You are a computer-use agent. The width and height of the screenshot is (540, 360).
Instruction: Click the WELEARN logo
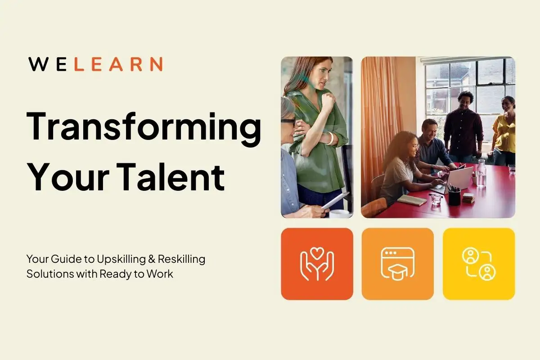pos(95,64)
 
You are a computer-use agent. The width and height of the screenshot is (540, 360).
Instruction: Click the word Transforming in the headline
pos(144,127)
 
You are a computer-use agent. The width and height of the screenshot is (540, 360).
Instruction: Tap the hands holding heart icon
pos(317,264)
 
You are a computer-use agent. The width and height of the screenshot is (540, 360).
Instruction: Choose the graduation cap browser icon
pos(397,264)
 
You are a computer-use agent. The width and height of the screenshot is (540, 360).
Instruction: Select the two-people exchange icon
pos(478,264)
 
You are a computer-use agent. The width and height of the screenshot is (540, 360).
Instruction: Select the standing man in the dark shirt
pos(463,124)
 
